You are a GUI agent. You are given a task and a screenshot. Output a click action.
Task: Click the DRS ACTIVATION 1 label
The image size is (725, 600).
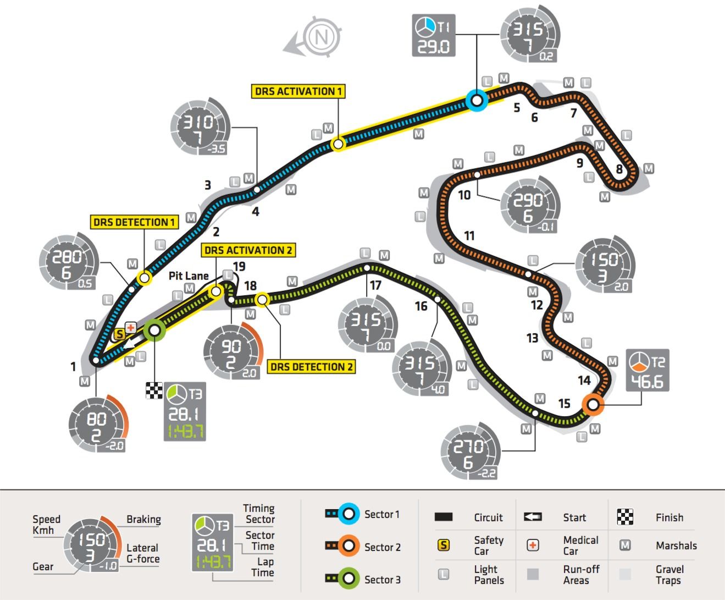298,91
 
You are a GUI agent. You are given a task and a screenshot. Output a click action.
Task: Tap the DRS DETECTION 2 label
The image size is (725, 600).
311,367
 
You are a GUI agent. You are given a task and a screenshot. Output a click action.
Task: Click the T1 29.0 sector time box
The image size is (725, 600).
434,35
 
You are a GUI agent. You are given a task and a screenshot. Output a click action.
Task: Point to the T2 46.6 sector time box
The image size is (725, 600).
647,370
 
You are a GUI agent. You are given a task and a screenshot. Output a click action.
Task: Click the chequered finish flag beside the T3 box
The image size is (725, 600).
154,390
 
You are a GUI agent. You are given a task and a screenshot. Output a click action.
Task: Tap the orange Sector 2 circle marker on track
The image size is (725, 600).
593,404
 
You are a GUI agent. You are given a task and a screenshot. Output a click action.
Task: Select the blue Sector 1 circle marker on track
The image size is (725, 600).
477,101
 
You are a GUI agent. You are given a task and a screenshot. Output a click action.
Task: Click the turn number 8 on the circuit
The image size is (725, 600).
619,169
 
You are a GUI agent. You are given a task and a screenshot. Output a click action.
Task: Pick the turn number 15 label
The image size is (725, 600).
564,403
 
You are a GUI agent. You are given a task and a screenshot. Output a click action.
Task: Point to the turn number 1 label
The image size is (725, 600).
73,366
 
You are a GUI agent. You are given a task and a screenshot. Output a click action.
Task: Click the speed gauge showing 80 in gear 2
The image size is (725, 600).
98,423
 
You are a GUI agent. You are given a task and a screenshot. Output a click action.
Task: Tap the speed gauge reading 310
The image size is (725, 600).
200,126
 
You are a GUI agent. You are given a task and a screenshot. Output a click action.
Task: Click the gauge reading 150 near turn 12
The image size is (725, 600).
605,265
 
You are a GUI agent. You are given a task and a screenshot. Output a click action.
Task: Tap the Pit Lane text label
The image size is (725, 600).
189,276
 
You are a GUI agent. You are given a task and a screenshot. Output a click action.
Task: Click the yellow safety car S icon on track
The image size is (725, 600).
119,334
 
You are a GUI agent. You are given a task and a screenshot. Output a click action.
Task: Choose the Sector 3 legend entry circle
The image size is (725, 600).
348,579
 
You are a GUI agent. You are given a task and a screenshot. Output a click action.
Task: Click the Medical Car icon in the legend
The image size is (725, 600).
533,545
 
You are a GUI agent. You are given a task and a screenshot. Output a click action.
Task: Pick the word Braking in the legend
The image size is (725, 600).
144,519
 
